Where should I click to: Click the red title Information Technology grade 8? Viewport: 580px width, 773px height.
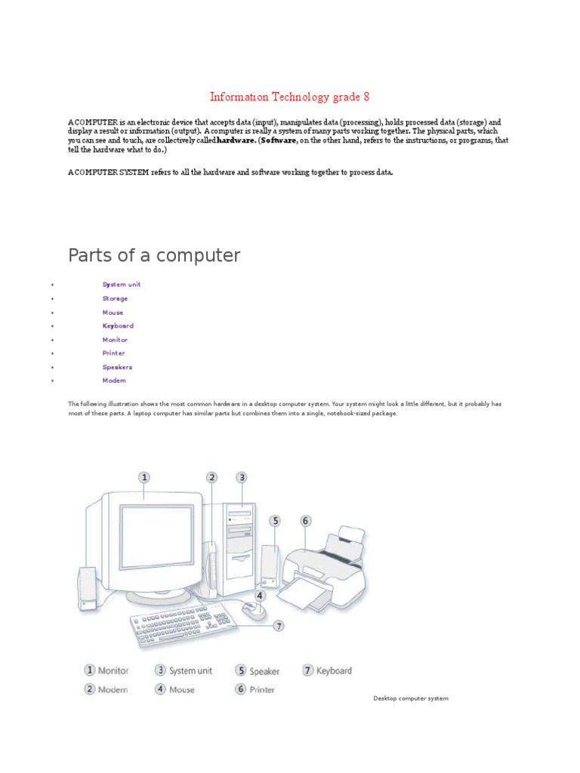(289, 97)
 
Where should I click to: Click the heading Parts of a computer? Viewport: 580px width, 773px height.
(154, 255)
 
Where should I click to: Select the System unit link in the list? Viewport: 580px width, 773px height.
(122, 285)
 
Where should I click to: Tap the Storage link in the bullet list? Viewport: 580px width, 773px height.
(115, 298)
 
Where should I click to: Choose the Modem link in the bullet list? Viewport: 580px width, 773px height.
(114, 380)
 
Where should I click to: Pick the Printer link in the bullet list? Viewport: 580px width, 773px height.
(114, 353)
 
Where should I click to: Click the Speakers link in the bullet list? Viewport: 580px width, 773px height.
(117, 367)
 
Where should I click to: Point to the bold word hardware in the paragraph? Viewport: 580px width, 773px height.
(236, 140)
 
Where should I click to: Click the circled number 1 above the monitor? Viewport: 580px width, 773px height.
(144, 477)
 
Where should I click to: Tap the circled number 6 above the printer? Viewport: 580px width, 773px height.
(305, 520)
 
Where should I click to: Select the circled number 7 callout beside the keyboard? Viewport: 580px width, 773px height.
(279, 625)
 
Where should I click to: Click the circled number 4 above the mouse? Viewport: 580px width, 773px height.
(260, 595)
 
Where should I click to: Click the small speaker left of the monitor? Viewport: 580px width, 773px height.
(87, 589)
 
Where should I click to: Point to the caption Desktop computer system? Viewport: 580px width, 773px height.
(411, 698)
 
